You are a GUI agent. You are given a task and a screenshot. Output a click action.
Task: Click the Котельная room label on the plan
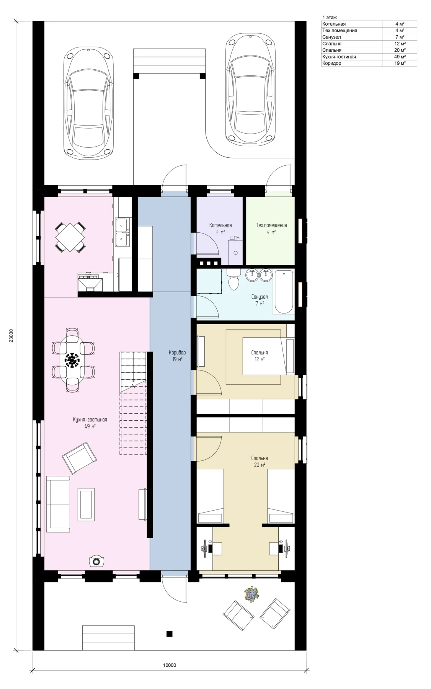click(220, 225)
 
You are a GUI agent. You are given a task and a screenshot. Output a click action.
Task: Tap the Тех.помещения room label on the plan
click(271, 225)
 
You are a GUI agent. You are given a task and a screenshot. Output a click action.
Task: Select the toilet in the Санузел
click(233, 279)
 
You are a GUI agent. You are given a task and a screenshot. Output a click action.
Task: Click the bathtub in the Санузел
click(283, 292)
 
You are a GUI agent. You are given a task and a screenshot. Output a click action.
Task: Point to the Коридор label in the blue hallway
click(177, 353)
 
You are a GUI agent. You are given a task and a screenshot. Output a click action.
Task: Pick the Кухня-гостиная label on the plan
click(90, 420)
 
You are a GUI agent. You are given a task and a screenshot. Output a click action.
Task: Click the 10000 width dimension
click(170, 665)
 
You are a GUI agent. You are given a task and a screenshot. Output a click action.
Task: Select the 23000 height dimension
click(11, 336)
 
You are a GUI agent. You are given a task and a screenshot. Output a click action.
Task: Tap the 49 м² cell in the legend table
click(400, 57)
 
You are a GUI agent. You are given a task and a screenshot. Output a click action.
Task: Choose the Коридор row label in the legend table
click(331, 63)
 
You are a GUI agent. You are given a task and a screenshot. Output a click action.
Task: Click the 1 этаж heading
click(330, 17)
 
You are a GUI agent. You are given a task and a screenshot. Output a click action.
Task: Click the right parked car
click(250, 88)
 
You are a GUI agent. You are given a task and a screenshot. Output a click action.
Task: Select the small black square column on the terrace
click(169, 633)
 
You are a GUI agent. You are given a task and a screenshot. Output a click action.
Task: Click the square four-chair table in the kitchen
click(70, 237)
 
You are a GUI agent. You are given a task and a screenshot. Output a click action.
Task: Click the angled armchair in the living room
click(80, 457)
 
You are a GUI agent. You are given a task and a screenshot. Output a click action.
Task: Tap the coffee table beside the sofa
click(86, 504)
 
